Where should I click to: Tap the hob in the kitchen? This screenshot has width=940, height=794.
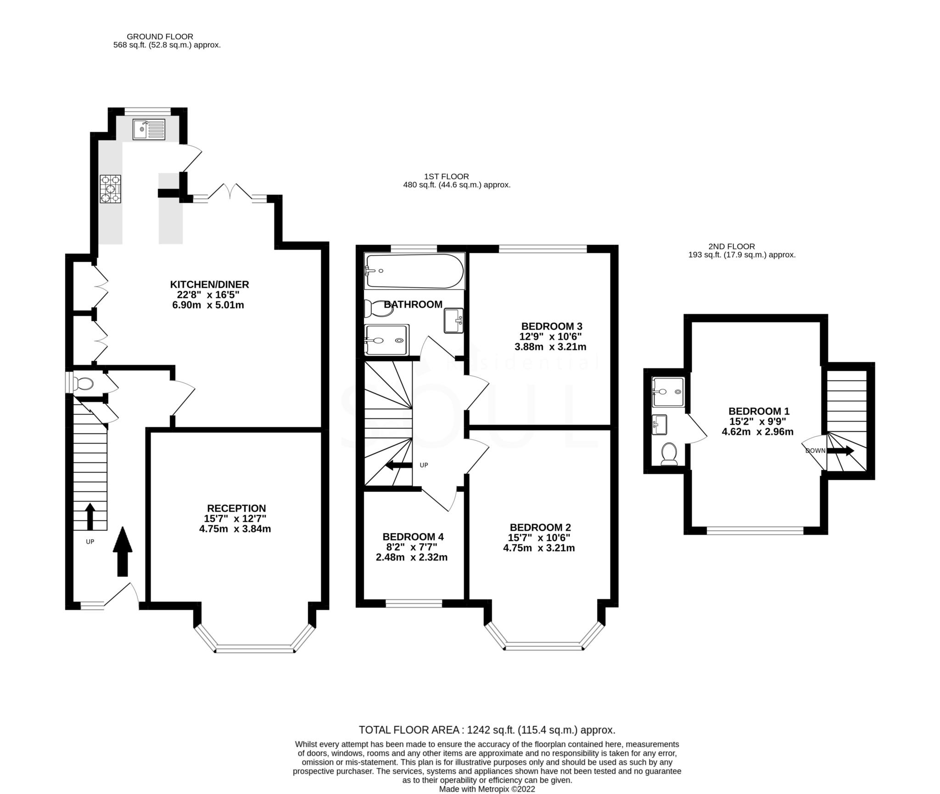(111, 188)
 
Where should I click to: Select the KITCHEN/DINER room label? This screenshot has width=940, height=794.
(209, 284)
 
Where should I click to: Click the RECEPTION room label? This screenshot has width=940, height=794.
(236, 508)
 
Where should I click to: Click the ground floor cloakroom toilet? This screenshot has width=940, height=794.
(84, 383)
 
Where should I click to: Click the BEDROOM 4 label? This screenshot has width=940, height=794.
(413, 537)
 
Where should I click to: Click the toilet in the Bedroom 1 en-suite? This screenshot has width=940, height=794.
(669, 454)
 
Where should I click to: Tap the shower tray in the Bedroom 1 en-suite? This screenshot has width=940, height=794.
(669, 392)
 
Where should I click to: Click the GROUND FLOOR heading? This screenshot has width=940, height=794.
(160, 36)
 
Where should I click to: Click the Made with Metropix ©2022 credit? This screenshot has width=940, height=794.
(487, 789)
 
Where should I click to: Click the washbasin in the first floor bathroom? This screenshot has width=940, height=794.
(453, 320)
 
